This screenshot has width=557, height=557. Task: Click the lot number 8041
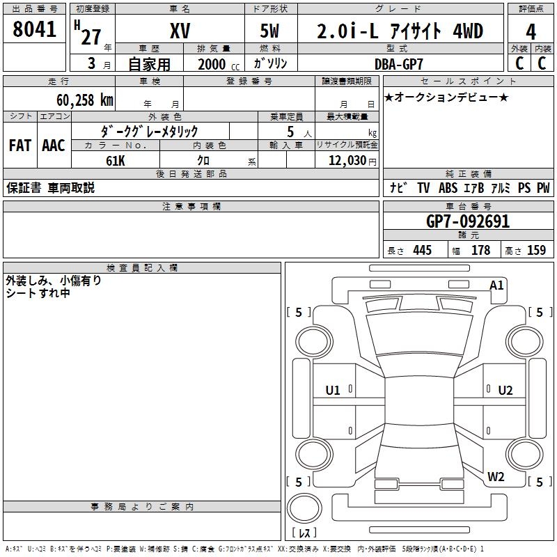pyautogui.click(x=34, y=29)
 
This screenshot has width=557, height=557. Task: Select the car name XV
pyautogui.click(x=180, y=31)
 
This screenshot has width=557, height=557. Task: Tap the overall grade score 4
pyautogui.click(x=531, y=32)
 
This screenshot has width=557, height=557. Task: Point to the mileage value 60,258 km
pyautogui.click(x=85, y=100)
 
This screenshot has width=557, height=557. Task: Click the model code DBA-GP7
pyautogui.click(x=399, y=64)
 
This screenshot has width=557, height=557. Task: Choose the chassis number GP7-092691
pyautogui.click(x=468, y=221)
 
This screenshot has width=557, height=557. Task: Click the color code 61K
pyautogui.click(x=116, y=161)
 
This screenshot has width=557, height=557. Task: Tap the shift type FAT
pyautogui.click(x=20, y=146)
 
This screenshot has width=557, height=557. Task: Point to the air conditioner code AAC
pyautogui.click(x=54, y=146)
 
